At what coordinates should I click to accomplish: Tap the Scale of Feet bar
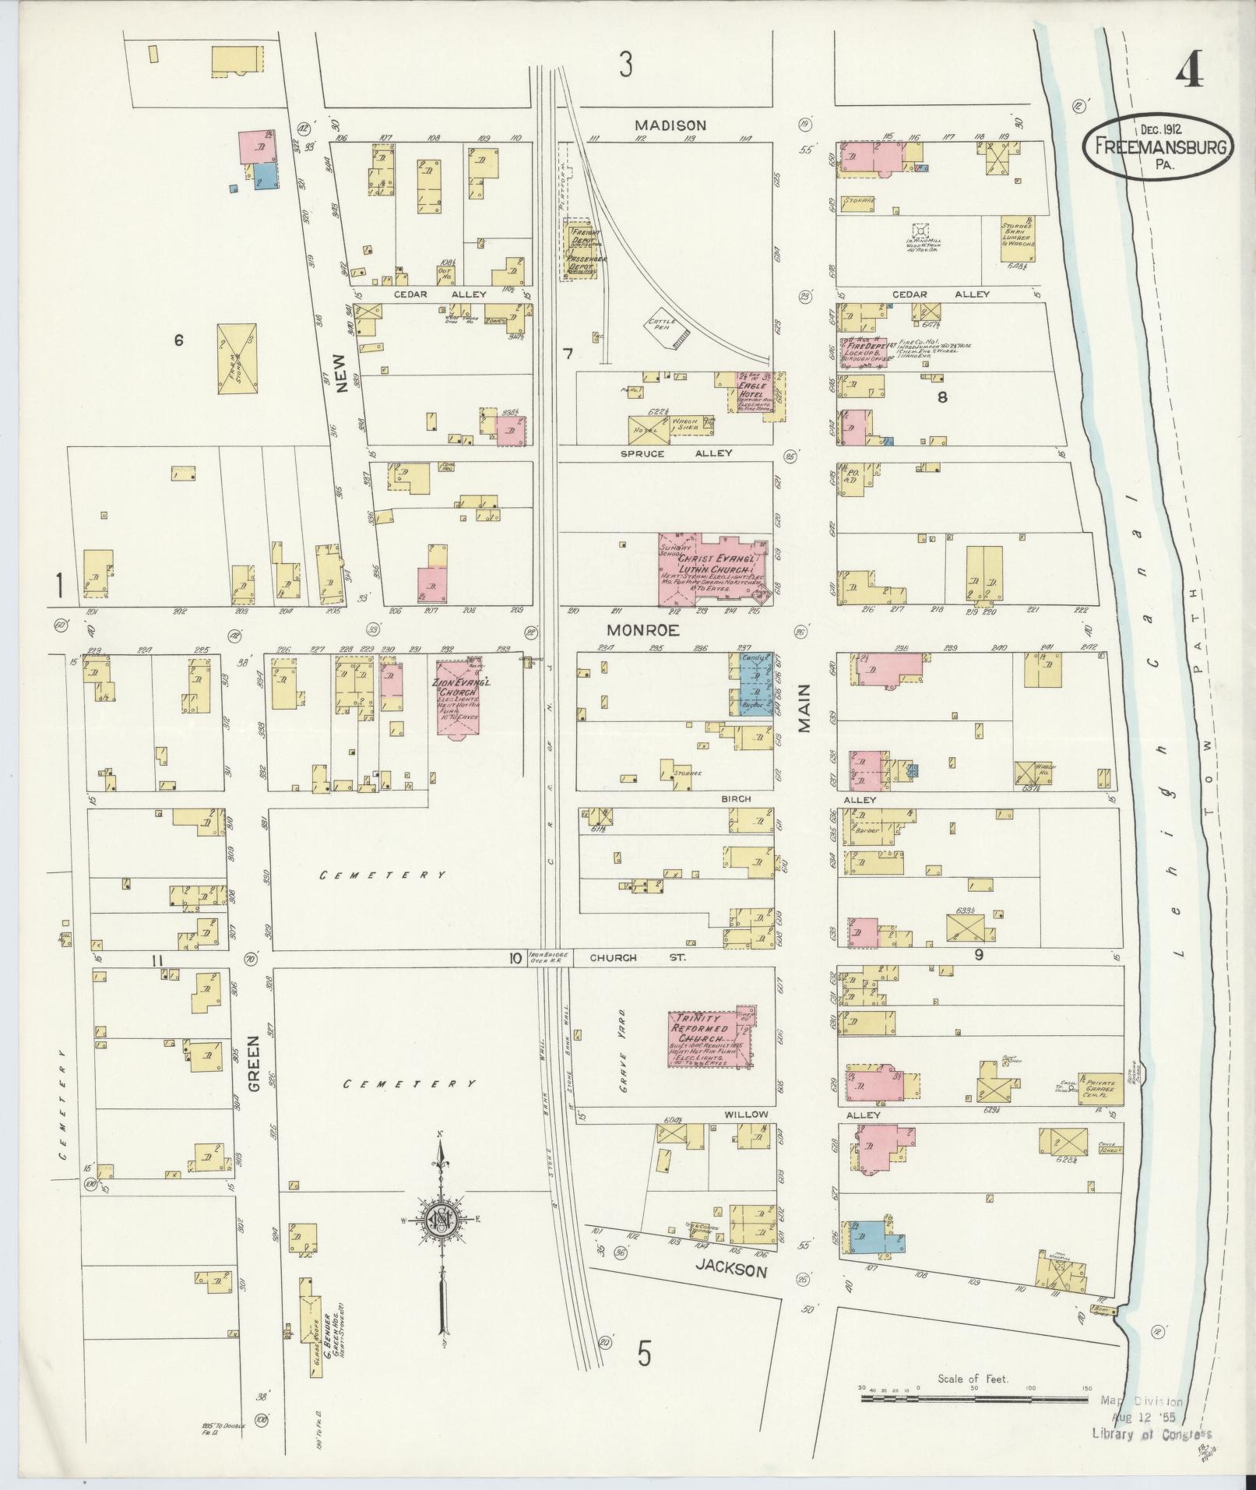point(973,1399)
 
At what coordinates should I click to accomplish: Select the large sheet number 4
point(1188,74)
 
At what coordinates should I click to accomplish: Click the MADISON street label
point(670,125)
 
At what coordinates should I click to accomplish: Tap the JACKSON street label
point(731,1271)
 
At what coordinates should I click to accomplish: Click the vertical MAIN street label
point(804,709)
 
